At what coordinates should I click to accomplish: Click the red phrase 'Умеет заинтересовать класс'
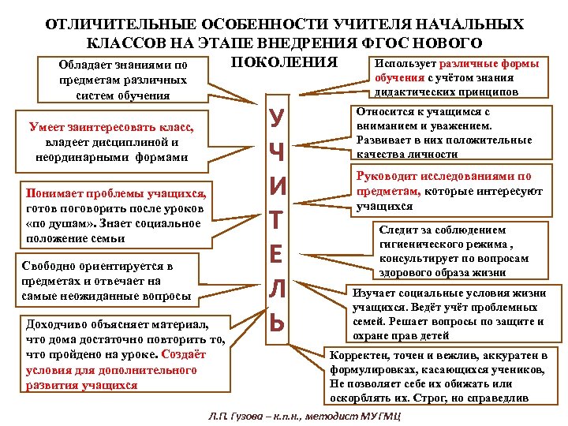coord(111,127)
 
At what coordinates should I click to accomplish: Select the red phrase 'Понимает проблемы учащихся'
coord(116,194)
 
